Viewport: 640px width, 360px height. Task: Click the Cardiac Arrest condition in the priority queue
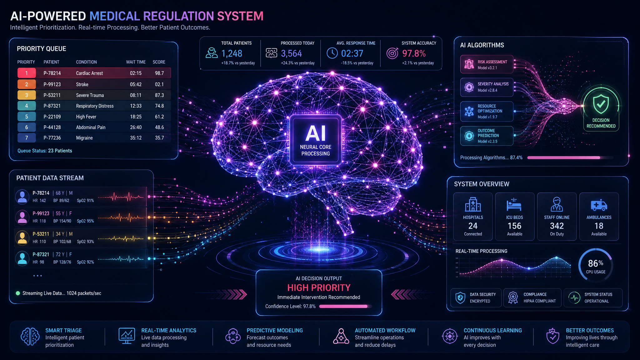pyautogui.click(x=89, y=73)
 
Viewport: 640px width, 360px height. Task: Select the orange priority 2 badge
pyautogui.click(x=27, y=84)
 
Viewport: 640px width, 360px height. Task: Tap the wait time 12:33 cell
pyautogui.click(x=136, y=106)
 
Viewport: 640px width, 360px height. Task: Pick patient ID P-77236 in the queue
pyautogui.click(x=52, y=138)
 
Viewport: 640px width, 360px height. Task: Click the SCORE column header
pyautogui.click(x=159, y=62)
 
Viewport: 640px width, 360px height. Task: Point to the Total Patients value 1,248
pyautogui.click(x=232, y=53)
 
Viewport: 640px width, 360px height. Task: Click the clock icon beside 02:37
pyautogui.click(x=332, y=53)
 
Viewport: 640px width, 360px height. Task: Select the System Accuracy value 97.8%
pyautogui.click(x=414, y=53)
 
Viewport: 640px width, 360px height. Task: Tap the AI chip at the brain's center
pyautogui.click(x=316, y=140)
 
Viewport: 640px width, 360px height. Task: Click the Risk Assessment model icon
pyautogui.click(x=469, y=64)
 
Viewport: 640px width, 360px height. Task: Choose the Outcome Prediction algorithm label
pyautogui.click(x=488, y=133)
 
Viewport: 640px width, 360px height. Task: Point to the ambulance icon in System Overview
pyautogui.click(x=599, y=205)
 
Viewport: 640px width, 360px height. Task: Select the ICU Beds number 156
pyautogui.click(x=514, y=226)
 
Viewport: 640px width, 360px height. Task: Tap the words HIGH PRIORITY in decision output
pyautogui.click(x=319, y=287)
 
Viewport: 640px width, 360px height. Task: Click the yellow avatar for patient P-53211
pyautogui.click(x=22, y=237)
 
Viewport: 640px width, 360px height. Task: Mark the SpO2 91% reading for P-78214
pyautogui.click(x=85, y=201)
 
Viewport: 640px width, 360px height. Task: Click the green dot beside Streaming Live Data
pyautogui.click(x=18, y=293)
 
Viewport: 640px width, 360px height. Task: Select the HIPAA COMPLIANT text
pyautogui.click(x=540, y=301)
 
